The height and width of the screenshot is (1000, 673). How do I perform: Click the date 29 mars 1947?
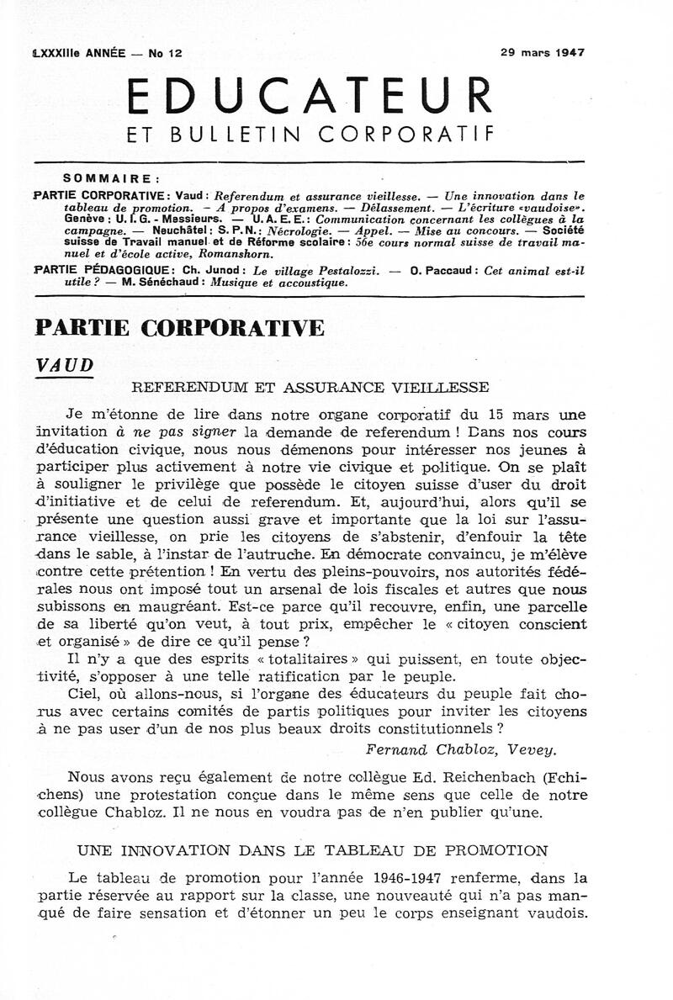click(543, 51)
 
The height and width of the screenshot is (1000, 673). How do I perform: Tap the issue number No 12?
click(165, 53)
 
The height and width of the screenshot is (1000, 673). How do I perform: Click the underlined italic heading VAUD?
click(64, 364)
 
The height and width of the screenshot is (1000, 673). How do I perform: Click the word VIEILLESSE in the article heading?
click(446, 388)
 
